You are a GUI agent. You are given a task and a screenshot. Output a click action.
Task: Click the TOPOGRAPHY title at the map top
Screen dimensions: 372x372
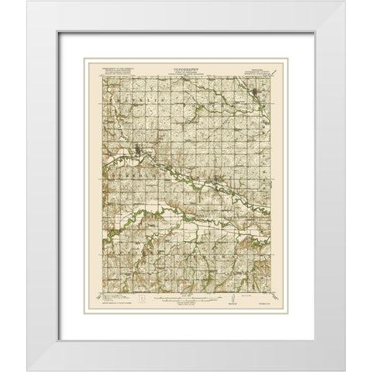[x=186, y=67]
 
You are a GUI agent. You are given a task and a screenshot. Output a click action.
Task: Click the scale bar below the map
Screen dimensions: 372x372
[x=185, y=294]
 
